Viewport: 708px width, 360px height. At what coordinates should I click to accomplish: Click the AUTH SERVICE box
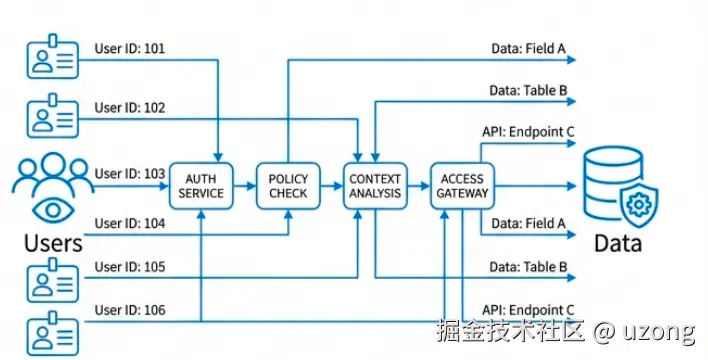coord(201,186)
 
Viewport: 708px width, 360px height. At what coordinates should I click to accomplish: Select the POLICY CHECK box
coord(288,186)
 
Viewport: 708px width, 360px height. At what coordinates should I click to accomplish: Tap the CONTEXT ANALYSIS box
coord(375,186)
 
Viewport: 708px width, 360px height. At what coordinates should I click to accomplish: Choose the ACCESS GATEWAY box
coord(462,186)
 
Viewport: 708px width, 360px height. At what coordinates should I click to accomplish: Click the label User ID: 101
coord(130,48)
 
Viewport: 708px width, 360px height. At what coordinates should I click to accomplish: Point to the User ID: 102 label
coord(130,108)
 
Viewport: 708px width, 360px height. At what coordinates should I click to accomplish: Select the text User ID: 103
coord(130,173)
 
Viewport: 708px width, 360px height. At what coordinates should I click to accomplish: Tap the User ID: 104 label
coord(130,223)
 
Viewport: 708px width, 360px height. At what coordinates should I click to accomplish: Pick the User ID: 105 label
coord(130,266)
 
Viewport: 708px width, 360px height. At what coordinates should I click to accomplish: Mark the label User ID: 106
coord(130,310)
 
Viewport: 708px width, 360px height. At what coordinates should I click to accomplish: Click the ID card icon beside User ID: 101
coord(53,56)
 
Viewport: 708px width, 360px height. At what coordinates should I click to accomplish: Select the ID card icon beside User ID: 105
coord(53,281)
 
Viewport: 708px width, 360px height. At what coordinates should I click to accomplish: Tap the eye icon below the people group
coord(53,210)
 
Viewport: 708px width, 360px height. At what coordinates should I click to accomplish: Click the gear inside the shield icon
coord(639,205)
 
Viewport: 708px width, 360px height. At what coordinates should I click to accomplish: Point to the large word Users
coord(53,243)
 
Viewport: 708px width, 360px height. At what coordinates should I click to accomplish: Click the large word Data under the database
coord(618,243)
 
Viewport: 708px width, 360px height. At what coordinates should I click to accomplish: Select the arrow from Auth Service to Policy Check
coord(245,186)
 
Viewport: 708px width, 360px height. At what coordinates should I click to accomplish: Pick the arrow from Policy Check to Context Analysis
coord(332,186)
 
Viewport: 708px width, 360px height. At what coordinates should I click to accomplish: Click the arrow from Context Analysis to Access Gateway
coord(419,186)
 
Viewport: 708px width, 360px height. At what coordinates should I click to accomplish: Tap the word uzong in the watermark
coord(659,332)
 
